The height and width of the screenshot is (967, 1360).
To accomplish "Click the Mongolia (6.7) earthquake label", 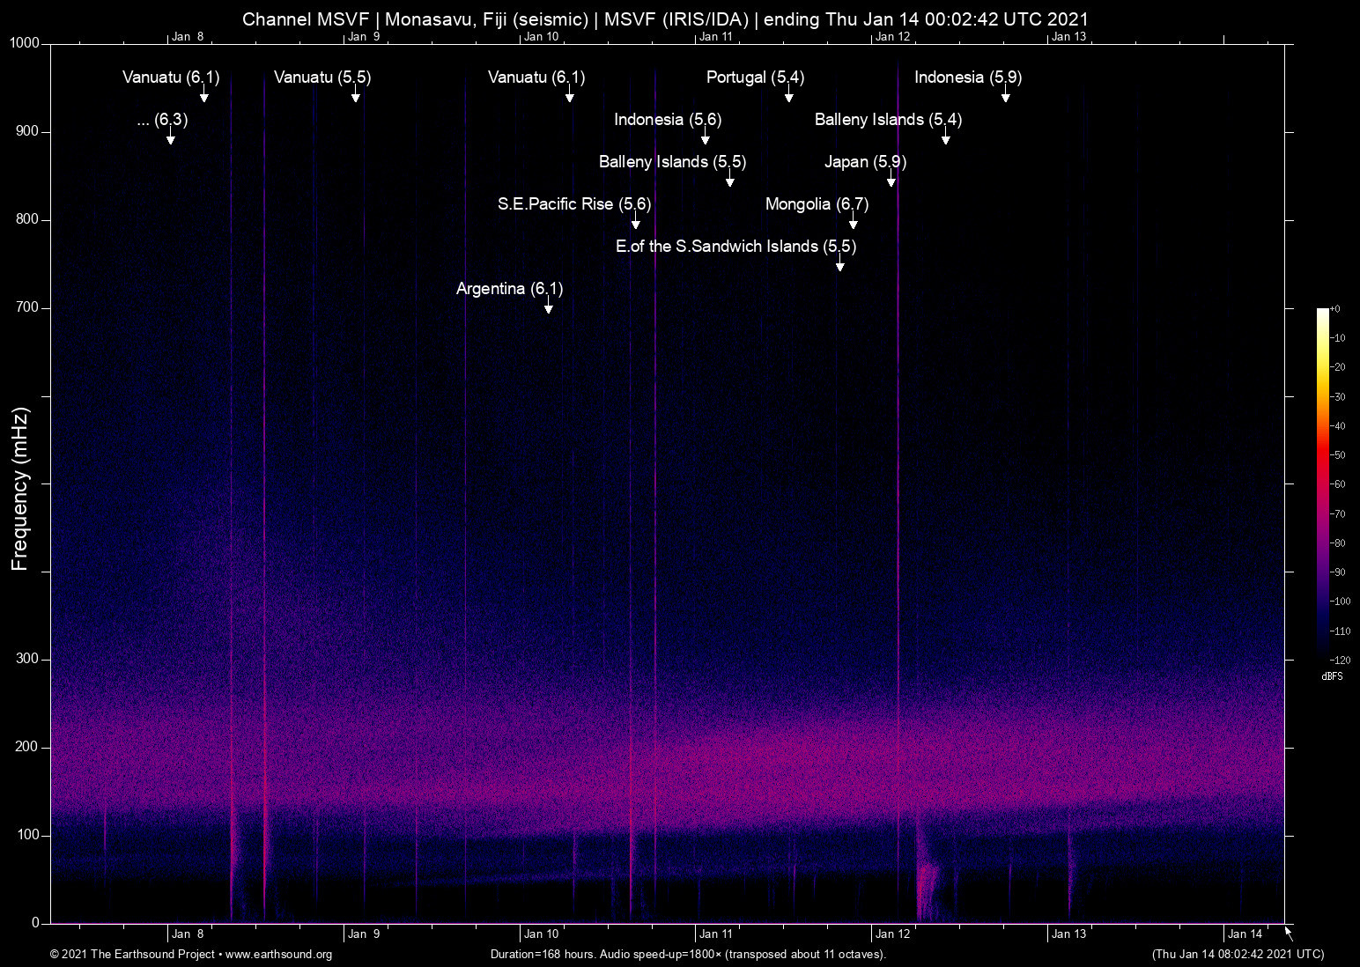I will [817, 204].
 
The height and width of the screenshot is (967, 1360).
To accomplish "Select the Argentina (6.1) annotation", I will [509, 289].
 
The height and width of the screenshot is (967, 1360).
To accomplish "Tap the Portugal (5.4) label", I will [755, 78].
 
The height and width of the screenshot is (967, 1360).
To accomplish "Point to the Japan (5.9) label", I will [865, 162].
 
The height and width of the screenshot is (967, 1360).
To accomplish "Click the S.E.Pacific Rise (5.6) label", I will [574, 204].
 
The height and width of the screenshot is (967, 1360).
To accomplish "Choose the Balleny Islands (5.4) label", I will [888, 120].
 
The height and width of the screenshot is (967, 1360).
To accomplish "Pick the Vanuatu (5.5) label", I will [322, 78].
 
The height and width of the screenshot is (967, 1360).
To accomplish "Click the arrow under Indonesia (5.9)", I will [1005, 96].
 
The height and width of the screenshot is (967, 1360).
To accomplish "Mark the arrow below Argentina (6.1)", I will [549, 307].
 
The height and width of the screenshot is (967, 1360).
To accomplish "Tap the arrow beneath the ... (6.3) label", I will [170, 138].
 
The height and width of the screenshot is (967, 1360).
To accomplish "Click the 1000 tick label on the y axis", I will [25, 43].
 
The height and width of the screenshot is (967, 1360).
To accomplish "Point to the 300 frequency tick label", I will [28, 659].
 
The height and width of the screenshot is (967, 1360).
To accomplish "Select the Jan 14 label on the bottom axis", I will [1245, 934].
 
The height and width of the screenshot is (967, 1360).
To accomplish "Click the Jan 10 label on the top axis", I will [541, 37].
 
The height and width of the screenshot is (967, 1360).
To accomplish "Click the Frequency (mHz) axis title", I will [20, 489].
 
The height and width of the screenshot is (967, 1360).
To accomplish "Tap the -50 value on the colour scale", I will [1339, 455].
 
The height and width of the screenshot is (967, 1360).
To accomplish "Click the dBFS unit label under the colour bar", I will [1332, 676].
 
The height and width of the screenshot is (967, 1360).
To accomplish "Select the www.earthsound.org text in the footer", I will [279, 955].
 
